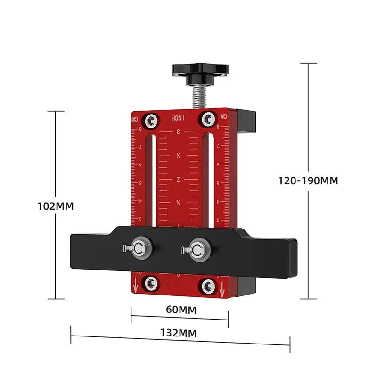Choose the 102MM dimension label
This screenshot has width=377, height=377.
coord(56,206)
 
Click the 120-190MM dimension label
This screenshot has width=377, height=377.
coord(308,180)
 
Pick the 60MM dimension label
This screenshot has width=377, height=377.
coord(181,310)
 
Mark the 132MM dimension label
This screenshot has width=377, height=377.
coord(181,333)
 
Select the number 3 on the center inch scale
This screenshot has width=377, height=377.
coord(179,132)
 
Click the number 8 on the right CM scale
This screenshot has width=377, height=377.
coord(218,126)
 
